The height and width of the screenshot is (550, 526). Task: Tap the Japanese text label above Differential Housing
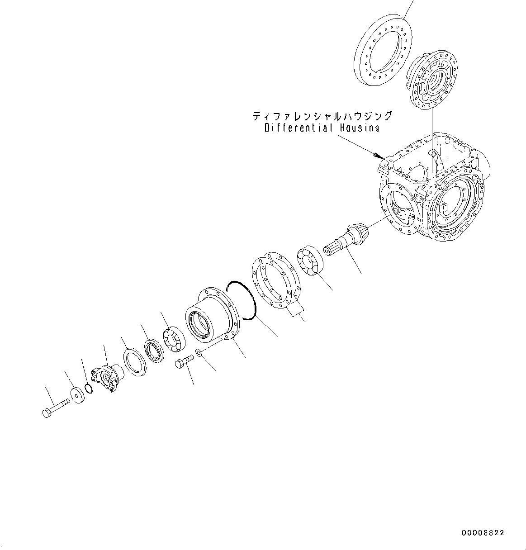(x=322, y=117)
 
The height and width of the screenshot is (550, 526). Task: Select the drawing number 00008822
(x=483, y=533)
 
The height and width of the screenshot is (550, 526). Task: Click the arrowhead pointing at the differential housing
(x=377, y=156)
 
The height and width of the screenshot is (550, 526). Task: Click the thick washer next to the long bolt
(x=78, y=394)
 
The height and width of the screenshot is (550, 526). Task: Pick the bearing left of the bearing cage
(x=174, y=338)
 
